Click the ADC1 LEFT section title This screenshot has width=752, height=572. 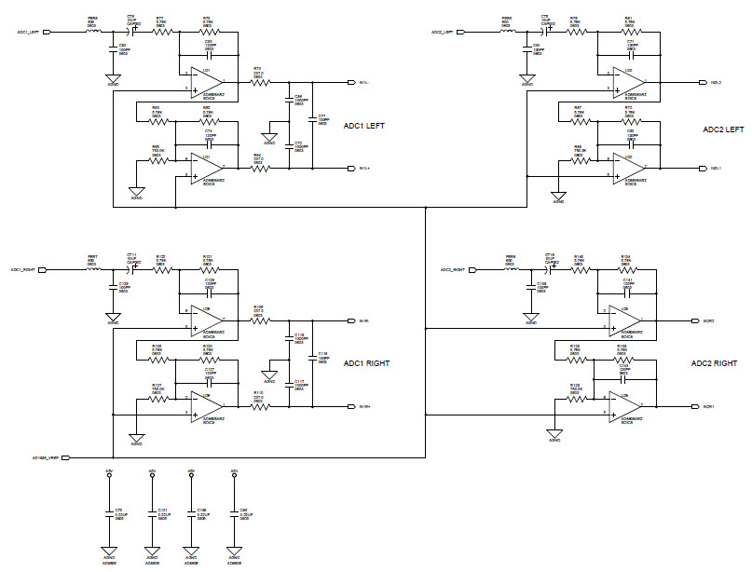[x=365, y=126]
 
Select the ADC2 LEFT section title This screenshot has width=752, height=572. [x=723, y=129]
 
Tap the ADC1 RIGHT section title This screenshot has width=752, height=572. [x=367, y=363]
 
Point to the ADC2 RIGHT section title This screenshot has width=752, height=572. [x=715, y=363]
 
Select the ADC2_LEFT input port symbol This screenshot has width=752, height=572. [x=463, y=32]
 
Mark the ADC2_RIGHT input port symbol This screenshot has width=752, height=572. [x=471, y=270]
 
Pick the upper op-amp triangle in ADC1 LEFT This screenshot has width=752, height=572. [x=206, y=82]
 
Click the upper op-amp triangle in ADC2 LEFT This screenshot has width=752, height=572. [x=627, y=82]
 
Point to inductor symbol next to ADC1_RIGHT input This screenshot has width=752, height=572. [x=94, y=270]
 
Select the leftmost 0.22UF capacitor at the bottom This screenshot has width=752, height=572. [x=109, y=513]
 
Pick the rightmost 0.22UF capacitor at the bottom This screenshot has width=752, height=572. [x=233, y=513]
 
